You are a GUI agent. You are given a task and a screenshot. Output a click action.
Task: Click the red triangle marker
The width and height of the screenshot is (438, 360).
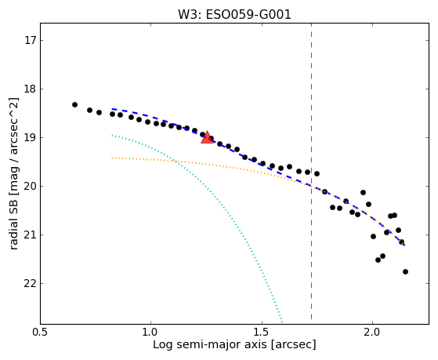[x=207, y=137]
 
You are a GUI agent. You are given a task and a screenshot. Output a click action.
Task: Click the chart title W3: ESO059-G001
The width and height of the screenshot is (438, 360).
[x=234, y=15]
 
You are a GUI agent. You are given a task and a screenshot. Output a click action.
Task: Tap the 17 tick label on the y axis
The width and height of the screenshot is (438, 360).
[x=31, y=40]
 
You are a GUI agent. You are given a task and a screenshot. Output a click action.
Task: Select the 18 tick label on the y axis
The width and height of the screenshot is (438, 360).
[x=31, y=89]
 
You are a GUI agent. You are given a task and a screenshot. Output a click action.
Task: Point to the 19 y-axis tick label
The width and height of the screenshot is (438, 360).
[x=31, y=137]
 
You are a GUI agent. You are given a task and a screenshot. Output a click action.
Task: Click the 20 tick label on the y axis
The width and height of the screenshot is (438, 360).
[x=31, y=187]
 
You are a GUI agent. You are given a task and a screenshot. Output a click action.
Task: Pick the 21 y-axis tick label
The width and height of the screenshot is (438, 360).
[x=31, y=235]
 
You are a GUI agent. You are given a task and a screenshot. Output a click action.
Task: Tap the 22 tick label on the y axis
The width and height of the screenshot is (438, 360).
[x=31, y=284]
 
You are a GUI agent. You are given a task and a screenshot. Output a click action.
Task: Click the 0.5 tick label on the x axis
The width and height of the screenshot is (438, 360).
[x=41, y=333]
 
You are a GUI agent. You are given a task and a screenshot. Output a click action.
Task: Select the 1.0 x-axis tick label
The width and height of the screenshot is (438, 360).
[x=150, y=333]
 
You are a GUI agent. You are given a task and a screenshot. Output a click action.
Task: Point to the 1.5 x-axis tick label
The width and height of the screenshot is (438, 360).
[x=262, y=333]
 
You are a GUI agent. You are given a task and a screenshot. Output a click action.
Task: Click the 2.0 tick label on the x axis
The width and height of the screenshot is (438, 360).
[x=372, y=333]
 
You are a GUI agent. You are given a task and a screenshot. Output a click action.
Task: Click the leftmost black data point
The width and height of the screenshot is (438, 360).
[x=74, y=104]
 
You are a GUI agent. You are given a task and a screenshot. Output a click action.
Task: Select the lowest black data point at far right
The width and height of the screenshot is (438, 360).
[x=405, y=271]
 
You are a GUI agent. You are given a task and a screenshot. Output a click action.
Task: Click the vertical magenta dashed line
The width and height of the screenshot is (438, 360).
[x=312, y=172]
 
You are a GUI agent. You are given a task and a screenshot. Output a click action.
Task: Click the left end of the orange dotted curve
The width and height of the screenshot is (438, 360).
[x=112, y=158]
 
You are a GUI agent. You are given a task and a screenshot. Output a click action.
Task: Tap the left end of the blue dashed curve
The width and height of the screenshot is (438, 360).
[x=112, y=109]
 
